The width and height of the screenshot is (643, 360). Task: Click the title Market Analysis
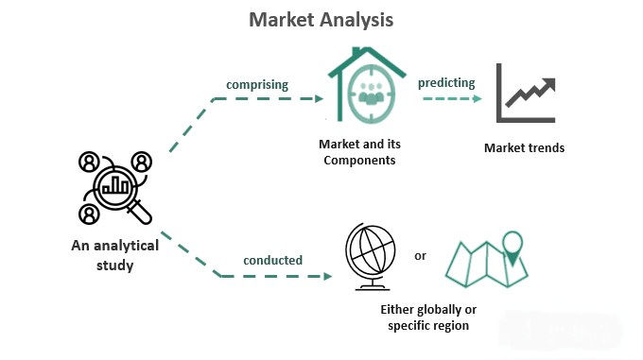point(321,19)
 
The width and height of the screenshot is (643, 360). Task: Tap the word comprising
point(255,84)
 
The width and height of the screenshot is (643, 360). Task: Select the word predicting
point(448,82)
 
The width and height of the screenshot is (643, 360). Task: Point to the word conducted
point(272,260)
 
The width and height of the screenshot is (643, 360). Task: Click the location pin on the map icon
point(513,245)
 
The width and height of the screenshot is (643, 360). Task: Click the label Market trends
point(524,147)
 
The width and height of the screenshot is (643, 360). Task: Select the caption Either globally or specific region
point(428,317)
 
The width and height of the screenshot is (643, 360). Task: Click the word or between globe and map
point(421,255)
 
